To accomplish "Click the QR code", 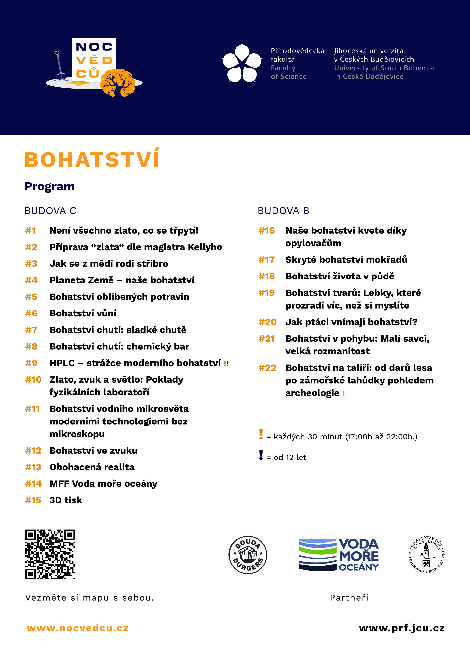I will coord(50,554).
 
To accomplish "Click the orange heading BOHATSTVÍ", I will coord(92,160).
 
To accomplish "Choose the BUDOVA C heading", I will coord(50,211).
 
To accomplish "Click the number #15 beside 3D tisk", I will coord(33,500).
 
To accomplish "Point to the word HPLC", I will coord(62,363).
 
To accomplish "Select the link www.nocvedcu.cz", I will coord(78,628).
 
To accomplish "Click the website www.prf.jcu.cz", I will coord(402,628).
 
